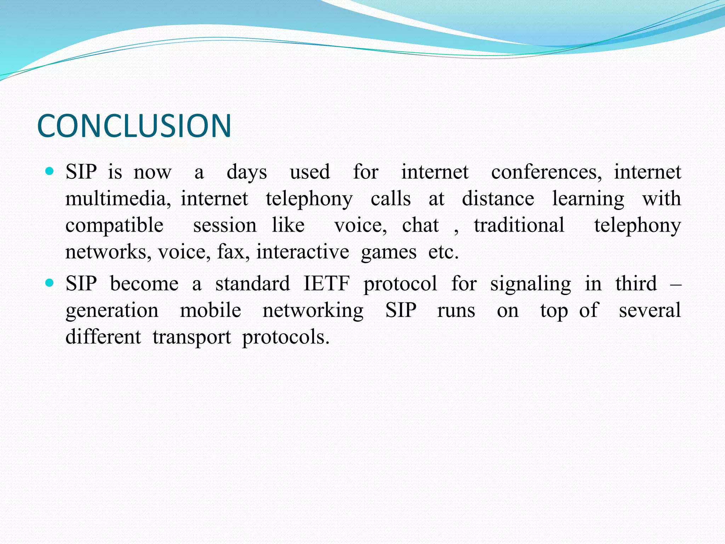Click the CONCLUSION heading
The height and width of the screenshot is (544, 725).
pyautogui.click(x=134, y=126)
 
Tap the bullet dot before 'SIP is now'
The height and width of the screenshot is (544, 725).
pyautogui.click(x=50, y=172)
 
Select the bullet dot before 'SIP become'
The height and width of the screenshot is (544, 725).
pyautogui.click(x=50, y=283)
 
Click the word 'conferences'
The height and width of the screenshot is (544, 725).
pyautogui.click(x=546, y=172)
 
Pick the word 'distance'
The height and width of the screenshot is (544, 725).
pyautogui.click(x=498, y=199)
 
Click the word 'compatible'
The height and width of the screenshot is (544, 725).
pyautogui.click(x=114, y=226)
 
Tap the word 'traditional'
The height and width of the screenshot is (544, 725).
pyautogui.click(x=519, y=225)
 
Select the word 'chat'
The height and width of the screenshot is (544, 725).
pyautogui.click(x=420, y=225)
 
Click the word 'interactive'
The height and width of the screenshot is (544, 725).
pyautogui.click(x=303, y=252)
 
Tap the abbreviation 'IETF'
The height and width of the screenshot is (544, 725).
pyautogui.click(x=327, y=284)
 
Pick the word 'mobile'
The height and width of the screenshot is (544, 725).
pyautogui.click(x=211, y=310)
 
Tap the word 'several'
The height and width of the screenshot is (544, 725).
pyautogui.click(x=650, y=310)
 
